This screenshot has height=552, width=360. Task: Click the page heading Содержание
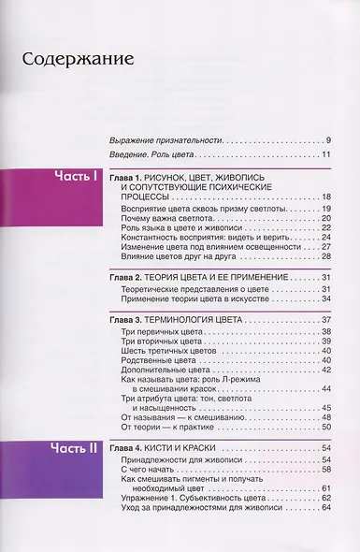point(78,62)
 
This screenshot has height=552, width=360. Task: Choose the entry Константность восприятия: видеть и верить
point(206,238)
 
